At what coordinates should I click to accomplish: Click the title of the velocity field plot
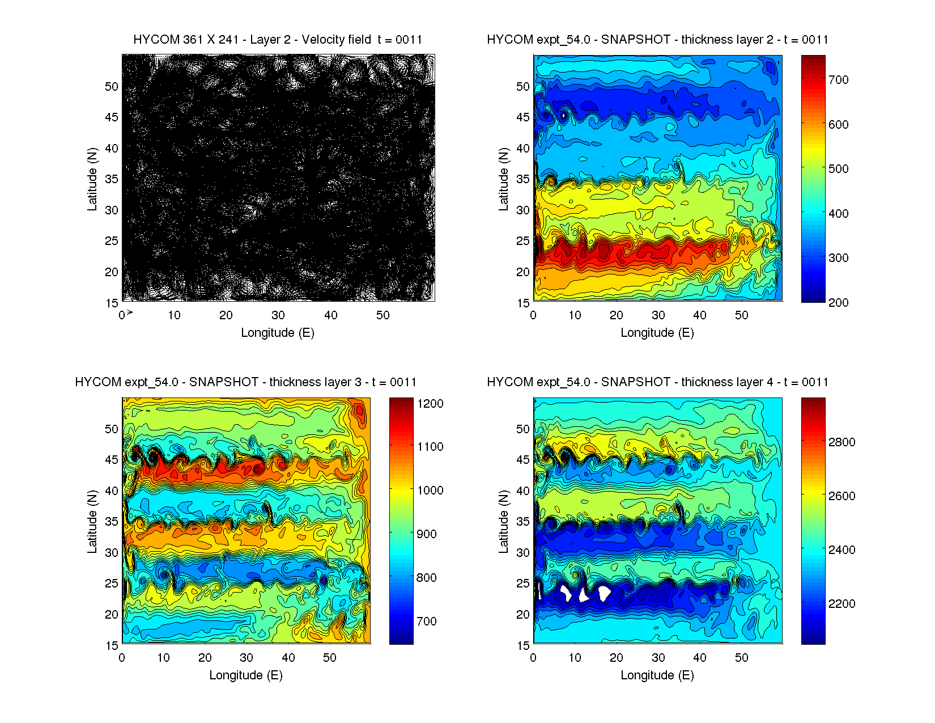(x=278, y=40)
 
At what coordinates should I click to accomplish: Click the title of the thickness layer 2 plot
(x=657, y=40)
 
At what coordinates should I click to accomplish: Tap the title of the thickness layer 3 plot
(x=246, y=382)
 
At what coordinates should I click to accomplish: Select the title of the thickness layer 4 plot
(x=657, y=382)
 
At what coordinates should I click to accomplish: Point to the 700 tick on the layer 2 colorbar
(x=838, y=80)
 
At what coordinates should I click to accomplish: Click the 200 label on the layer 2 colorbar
(x=838, y=303)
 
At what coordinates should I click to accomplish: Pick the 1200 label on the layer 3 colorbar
(x=430, y=404)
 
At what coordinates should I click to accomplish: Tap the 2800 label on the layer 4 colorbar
(x=841, y=442)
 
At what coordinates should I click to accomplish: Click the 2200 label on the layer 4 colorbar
(x=841, y=604)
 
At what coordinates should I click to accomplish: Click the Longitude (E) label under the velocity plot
(x=278, y=333)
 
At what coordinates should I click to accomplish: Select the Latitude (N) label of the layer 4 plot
(x=503, y=522)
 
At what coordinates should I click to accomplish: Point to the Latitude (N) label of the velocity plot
(x=92, y=179)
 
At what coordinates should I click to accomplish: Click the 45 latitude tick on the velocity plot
(x=112, y=117)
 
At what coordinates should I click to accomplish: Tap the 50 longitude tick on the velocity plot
(x=383, y=315)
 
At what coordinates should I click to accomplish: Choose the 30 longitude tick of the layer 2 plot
(x=658, y=315)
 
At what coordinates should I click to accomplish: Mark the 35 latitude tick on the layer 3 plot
(x=112, y=522)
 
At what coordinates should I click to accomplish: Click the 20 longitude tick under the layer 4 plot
(x=617, y=658)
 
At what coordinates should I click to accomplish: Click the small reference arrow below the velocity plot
(x=130, y=312)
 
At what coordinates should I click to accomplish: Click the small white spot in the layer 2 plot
(x=564, y=116)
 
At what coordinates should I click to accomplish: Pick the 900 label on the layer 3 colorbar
(x=427, y=534)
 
